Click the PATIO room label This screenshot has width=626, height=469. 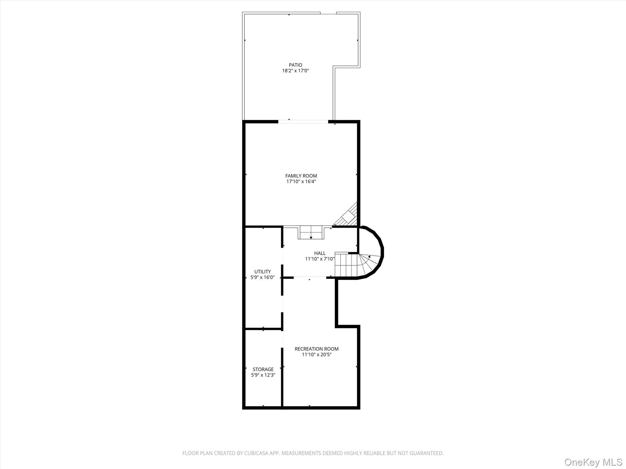[x=295, y=65]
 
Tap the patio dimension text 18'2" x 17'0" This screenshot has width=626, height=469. [x=295, y=71]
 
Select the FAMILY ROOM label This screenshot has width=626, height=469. [x=301, y=176]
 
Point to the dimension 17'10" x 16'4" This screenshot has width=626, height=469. [x=301, y=182]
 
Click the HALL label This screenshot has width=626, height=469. [x=320, y=253]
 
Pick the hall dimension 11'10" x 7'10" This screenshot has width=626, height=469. [x=320, y=259]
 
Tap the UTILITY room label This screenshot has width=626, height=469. [x=263, y=272]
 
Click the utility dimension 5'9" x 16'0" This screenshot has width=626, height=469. [x=263, y=278]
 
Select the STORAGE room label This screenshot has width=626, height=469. [x=263, y=369]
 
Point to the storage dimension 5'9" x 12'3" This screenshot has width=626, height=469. [x=263, y=375]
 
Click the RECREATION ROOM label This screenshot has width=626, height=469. [x=316, y=349]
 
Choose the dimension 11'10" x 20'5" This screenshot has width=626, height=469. [x=316, y=355]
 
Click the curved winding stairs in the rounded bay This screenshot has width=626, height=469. [x=368, y=263]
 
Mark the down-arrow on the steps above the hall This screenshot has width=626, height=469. [x=311, y=237]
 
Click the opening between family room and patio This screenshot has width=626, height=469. [x=303, y=122]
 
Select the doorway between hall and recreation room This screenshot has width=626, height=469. [x=310, y=277]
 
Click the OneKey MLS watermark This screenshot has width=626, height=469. [x=593, y=462]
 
